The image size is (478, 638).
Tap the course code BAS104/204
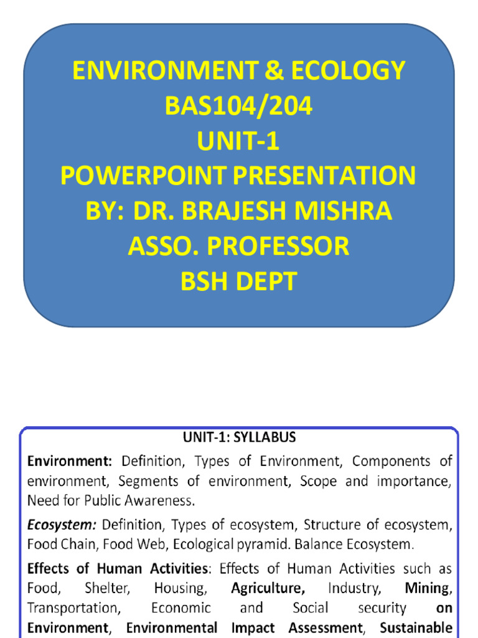pyautogui.click(x=239, y=107)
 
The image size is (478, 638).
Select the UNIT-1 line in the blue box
pyautogui.click(x=239, y=141)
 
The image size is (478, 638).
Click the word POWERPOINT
pyautogui.click(x=143, y=176)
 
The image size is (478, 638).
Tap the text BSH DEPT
pyautogui.click(x=239, y=282)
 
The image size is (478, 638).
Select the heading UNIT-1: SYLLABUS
pyautogui.click(x=240, y=437)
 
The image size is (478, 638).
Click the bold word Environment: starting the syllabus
pyautogui.click(x=69, y=462)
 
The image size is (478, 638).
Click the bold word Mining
pyautogui.click(x=428, y=588)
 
